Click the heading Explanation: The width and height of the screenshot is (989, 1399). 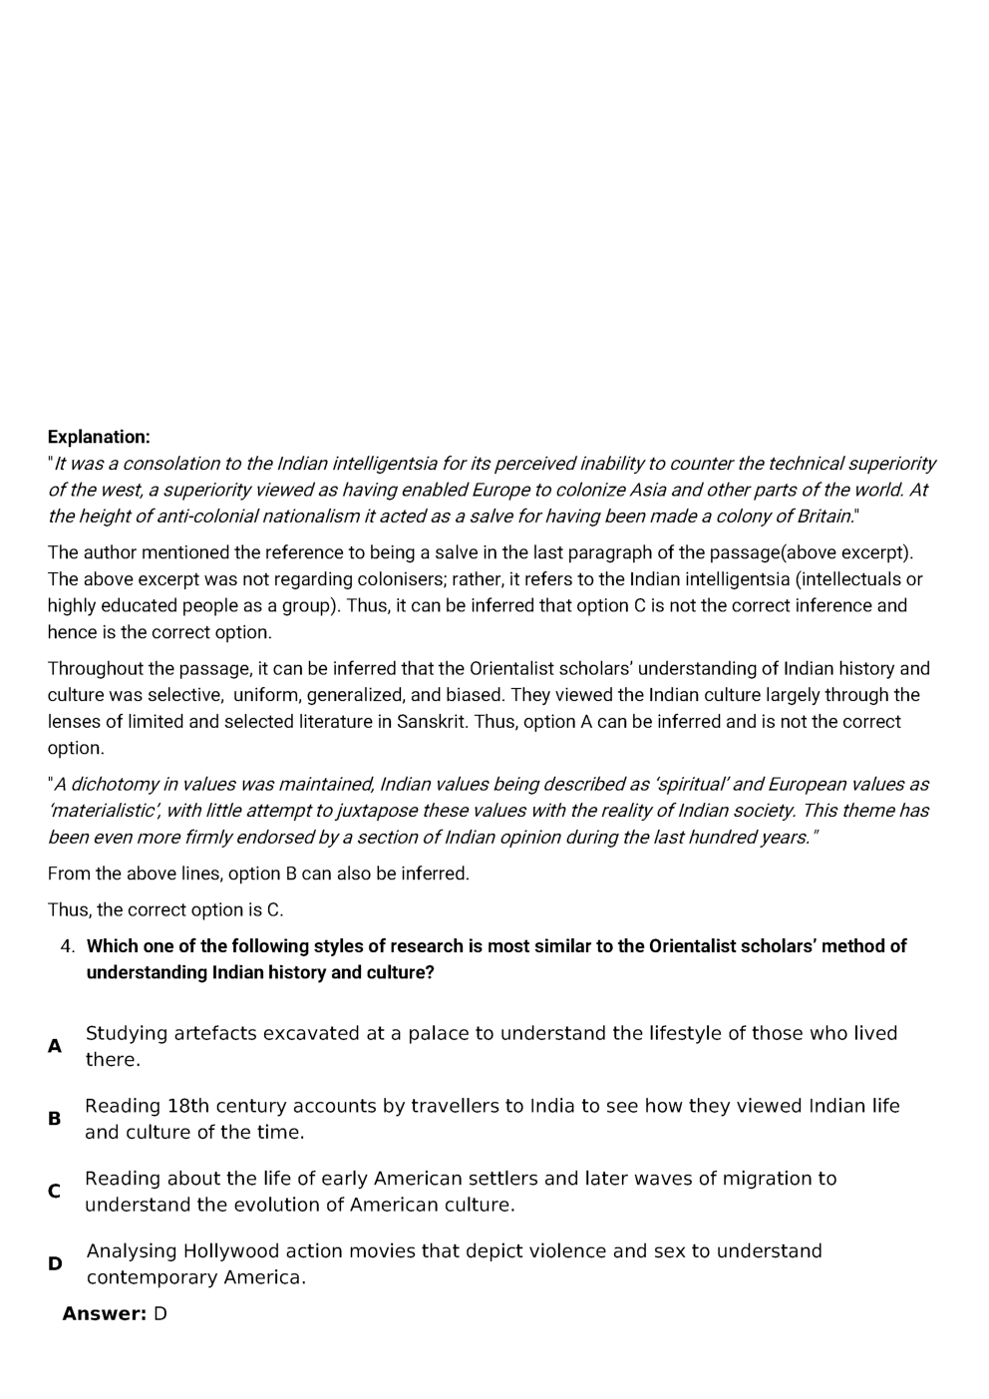click(99, 437)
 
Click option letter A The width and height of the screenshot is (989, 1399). click(55, 1047)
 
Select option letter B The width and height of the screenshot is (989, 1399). click(55, 1119)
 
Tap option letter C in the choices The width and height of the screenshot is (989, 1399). click(55, 1192)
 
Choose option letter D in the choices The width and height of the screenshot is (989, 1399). click(55, 1264)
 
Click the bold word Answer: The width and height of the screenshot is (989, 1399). click(104, 1314)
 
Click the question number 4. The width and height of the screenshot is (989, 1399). click(67, 946)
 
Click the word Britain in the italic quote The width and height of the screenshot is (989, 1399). click(824, 517)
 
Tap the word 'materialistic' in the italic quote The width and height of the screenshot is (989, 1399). click(104, 812)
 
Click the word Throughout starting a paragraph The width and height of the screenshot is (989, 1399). click(96, 669)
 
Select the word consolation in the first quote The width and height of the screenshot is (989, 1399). click(171, 464)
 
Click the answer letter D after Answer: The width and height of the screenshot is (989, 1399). click(160, 1314)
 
